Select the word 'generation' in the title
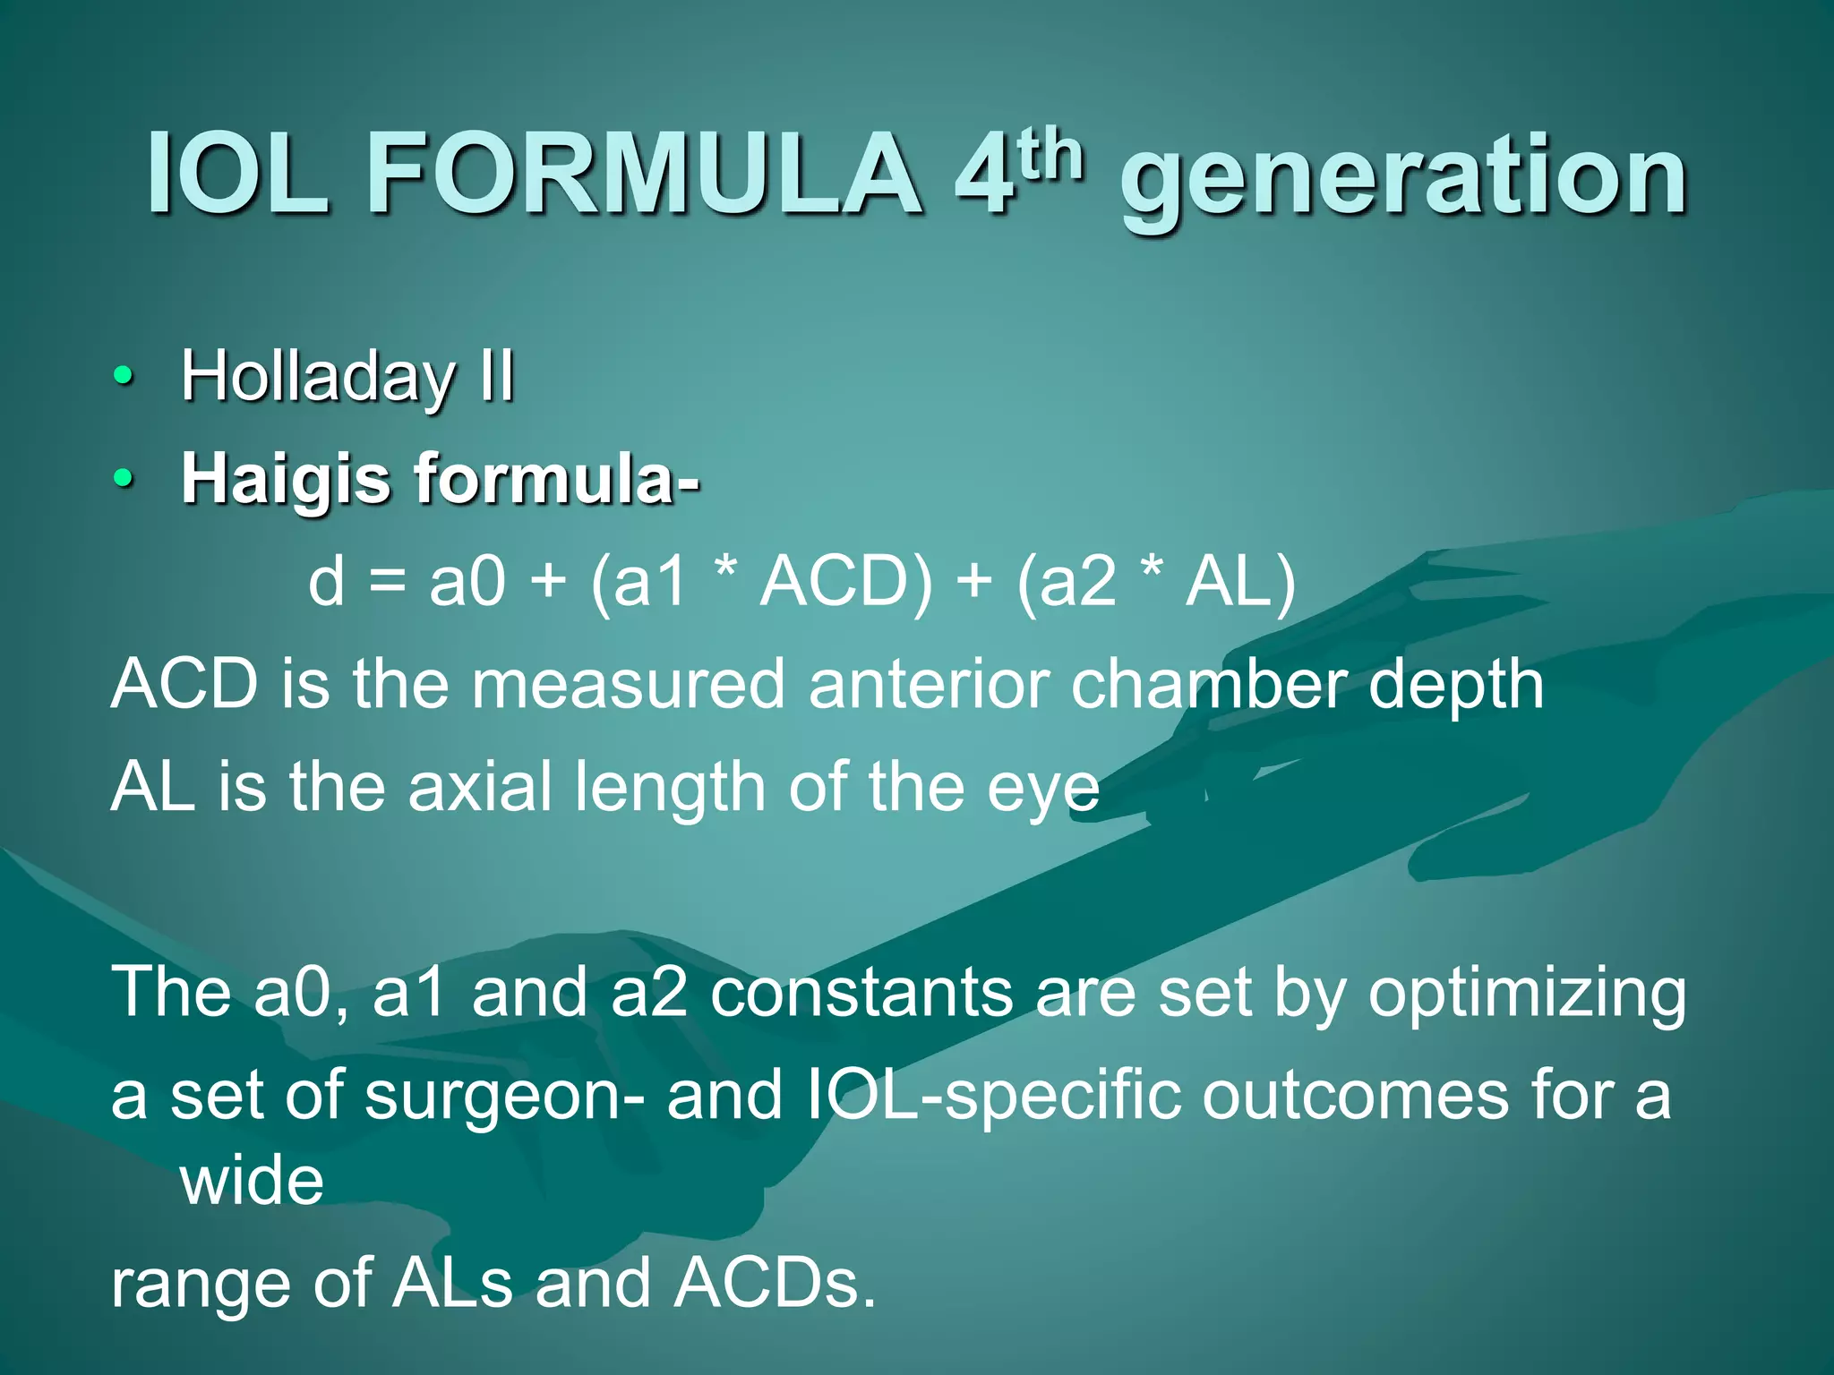point(1404,179)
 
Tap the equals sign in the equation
point(387,582)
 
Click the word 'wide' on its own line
point(252,1181)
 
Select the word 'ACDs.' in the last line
point(776,1284)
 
